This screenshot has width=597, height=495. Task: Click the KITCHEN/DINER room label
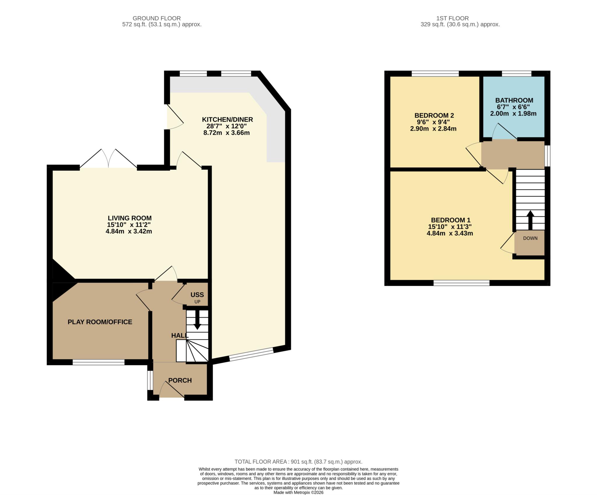pos(227,120)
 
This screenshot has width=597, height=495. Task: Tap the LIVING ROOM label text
pos(130,218)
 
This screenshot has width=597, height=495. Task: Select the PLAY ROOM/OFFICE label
pos(100,322)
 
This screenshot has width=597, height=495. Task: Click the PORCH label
pos(180,380)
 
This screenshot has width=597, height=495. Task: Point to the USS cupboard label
pos(197,295)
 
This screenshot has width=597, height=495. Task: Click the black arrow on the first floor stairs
pos(530,220)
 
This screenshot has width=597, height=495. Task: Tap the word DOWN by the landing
pos(530,238)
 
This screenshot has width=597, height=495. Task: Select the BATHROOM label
pos(514,100)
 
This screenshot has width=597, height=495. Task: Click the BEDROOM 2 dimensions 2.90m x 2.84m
pos(433,129)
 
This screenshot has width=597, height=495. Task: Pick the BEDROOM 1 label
pos(450,220)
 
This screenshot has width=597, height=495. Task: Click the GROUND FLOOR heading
pos(157,18)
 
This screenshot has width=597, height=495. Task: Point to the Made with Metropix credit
pos(298,492)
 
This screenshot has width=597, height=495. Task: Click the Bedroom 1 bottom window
pos(461,282)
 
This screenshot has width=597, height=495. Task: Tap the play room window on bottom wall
pos(99,362)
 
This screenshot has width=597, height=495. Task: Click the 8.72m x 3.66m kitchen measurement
pos(226,133)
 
